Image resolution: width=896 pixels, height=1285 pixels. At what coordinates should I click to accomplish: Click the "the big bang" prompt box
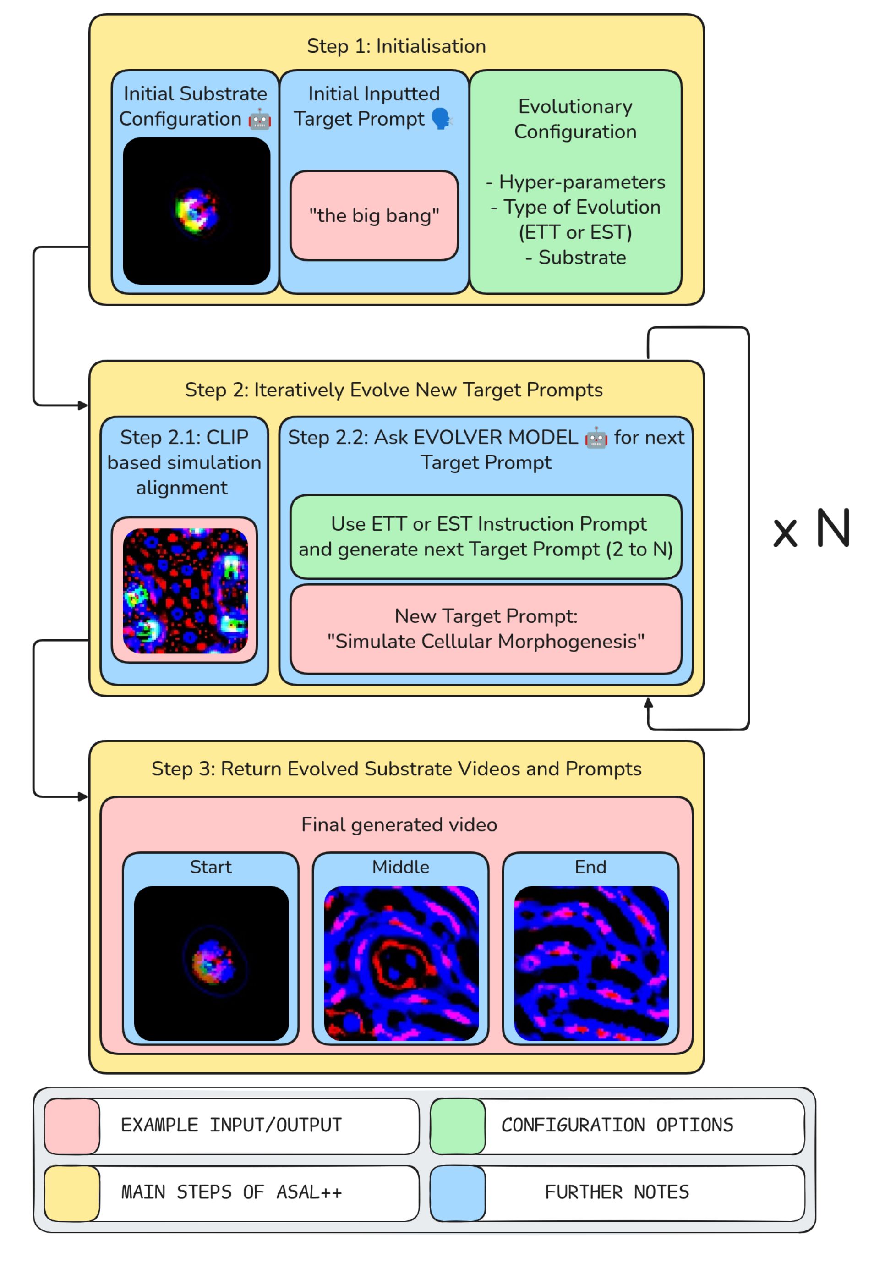coord(374,215)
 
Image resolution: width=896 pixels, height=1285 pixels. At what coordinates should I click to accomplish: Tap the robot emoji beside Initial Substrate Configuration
coord(260,120)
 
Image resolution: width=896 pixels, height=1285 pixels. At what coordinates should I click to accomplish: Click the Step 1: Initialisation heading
coord(396,46)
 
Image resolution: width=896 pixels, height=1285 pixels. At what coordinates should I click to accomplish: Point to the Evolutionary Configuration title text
coord(575,119)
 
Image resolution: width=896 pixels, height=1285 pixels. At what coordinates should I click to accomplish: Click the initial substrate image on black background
coord(197,211)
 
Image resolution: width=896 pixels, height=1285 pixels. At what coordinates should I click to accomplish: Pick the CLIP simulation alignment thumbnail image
coord(185,590)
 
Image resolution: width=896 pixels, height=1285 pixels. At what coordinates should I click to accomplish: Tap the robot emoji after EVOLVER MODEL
coord(596,438)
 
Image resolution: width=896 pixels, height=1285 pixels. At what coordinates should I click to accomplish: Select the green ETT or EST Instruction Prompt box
coord(486,536)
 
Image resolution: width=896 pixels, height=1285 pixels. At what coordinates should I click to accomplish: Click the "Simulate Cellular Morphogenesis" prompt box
coord(486,628)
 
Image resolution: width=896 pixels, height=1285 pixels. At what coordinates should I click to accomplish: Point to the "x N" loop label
coord(811,529)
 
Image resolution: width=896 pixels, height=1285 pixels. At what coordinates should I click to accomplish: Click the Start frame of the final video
coord(212,963)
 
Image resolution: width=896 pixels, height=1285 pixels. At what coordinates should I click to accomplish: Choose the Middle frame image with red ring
coord(401,963)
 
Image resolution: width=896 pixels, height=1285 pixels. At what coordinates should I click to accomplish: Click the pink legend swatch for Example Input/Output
coord(72,1126)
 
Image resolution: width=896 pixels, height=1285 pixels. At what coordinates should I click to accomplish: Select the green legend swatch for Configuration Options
coord(458,1126)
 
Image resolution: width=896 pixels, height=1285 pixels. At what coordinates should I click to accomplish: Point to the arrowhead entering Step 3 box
coord(84,796)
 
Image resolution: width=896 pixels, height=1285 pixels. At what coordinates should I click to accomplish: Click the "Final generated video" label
coord(399,824)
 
